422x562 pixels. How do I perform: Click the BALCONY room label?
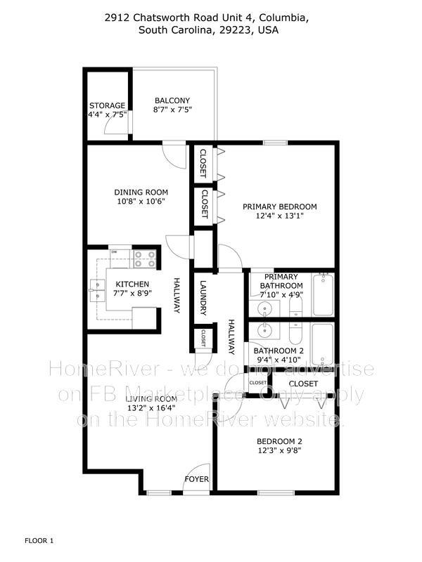(172, 100)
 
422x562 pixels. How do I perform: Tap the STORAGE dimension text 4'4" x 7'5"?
(108, 115)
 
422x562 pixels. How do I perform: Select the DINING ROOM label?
(141, 192)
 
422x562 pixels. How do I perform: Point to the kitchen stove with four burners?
(145, 259)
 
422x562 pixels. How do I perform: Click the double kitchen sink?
(97, 290)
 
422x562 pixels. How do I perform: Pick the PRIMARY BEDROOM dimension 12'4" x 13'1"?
(280, 216)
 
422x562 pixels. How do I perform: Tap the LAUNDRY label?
(203, 298)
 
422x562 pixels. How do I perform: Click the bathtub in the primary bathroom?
(323, 294)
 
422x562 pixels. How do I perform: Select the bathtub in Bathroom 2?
(323, 344)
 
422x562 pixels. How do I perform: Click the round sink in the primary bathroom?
(265, 308)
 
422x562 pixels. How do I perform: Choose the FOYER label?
(197, 479)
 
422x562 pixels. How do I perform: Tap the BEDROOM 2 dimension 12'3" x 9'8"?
(279, 450)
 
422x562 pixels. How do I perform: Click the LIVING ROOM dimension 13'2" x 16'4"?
(151, 407)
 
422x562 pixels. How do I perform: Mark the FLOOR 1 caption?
(39, 540)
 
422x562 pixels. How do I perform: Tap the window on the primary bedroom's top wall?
(275, 143)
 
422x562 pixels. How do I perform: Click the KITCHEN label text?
(132, 285)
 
